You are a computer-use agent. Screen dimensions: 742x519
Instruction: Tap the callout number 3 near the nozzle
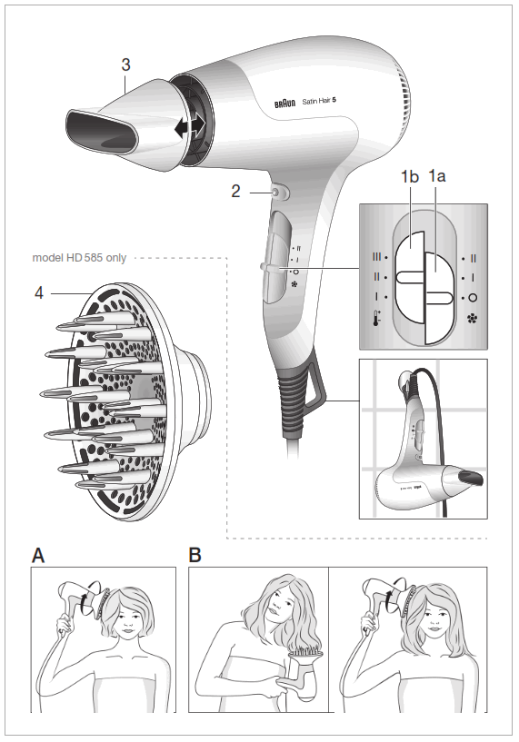pos(126,64)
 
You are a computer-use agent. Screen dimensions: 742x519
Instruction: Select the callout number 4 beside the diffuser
pos(39,293)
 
